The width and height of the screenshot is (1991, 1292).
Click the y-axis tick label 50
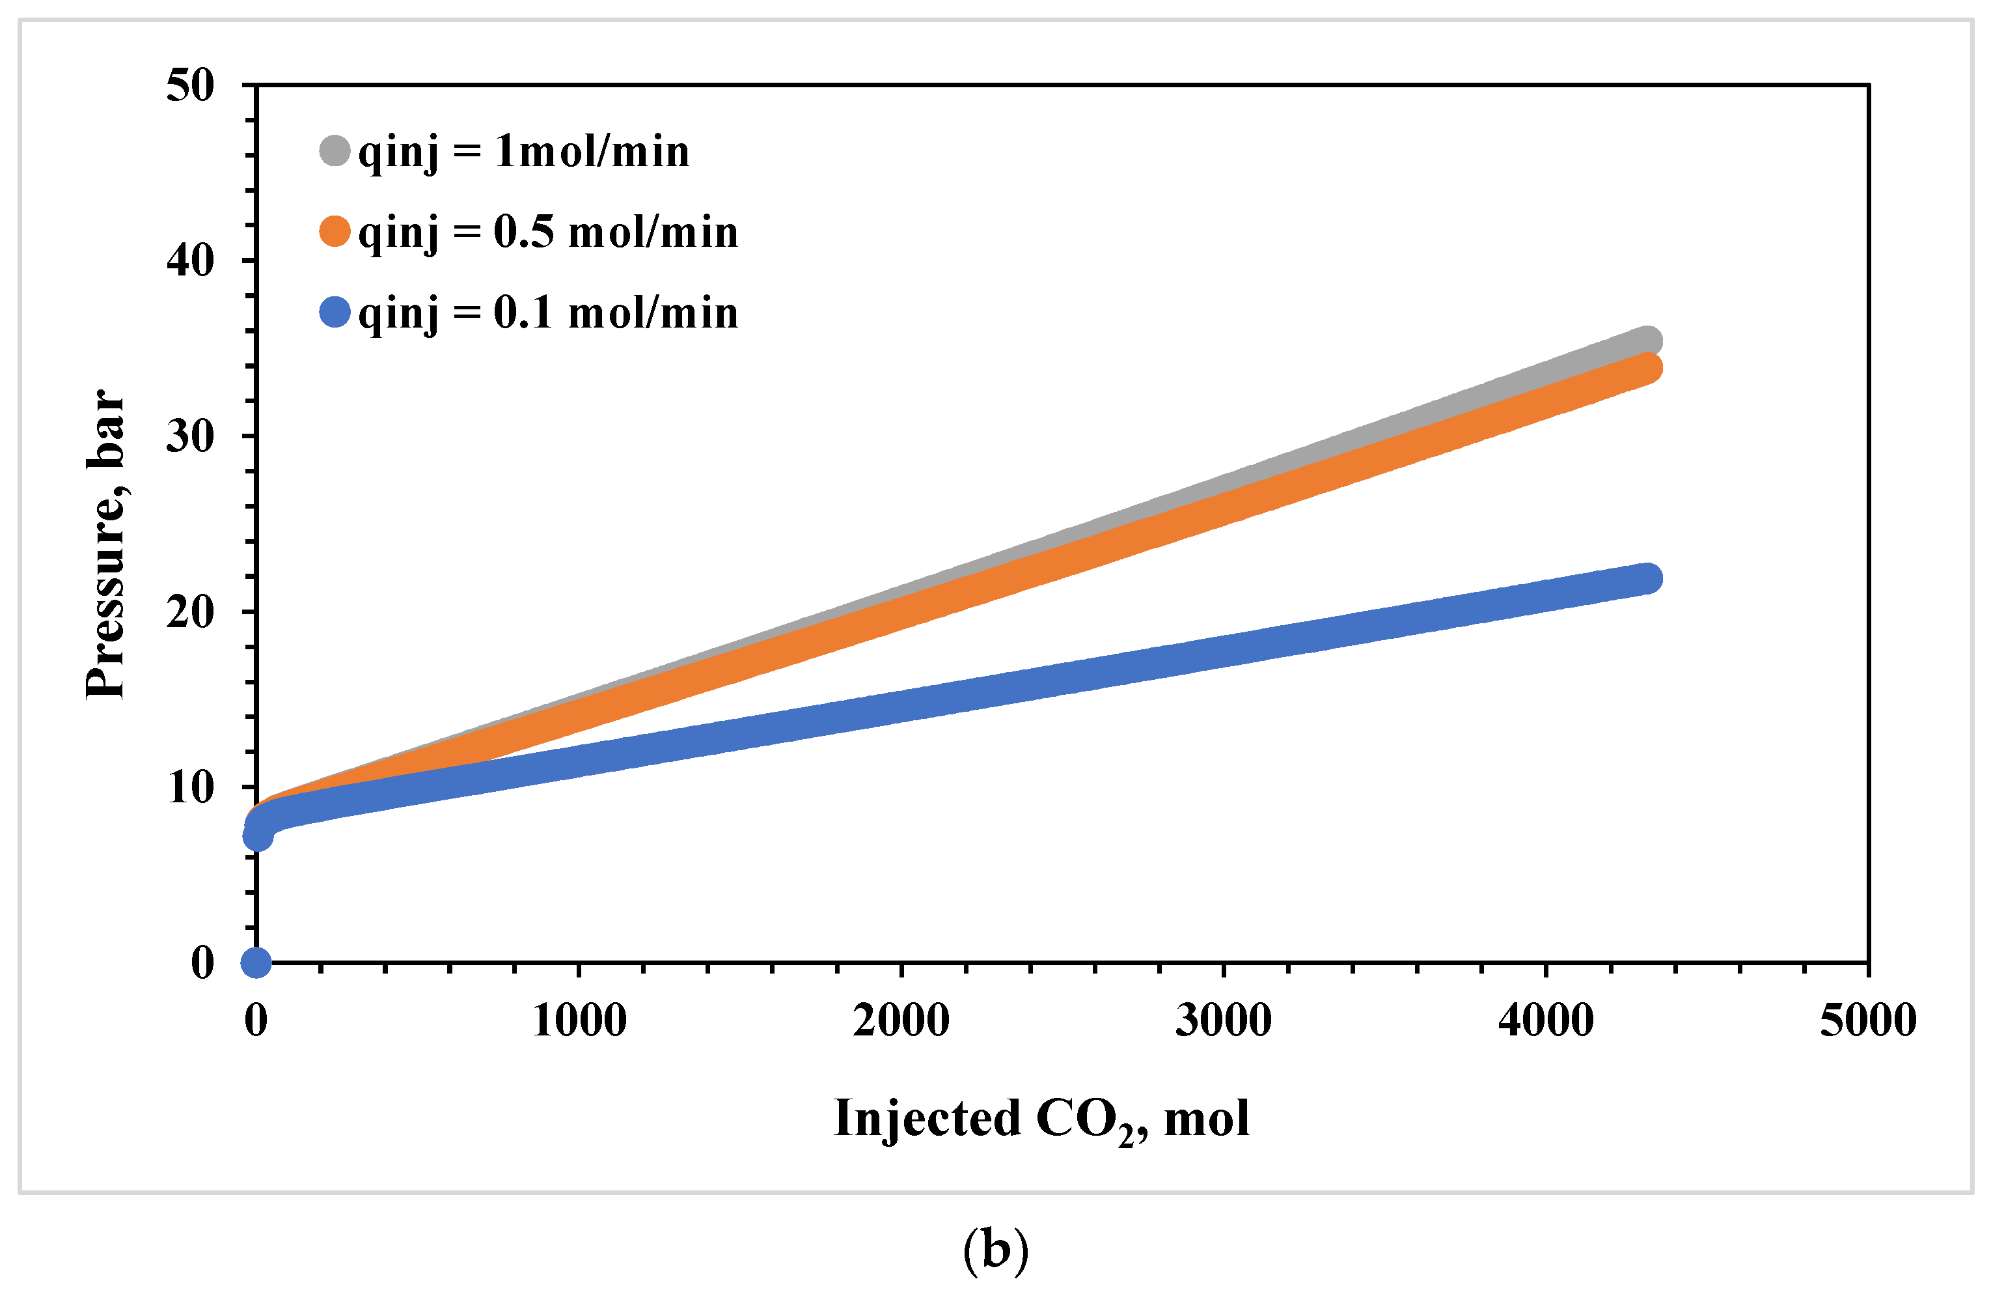pyautogui.click(x=190, y=85)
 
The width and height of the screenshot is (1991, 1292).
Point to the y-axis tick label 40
pyautogui.click(x=190, y=261)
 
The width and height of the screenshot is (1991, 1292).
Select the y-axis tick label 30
pyautogui.click(x=190, y=436)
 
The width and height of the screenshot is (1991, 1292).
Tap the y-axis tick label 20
pyautogui.click(x=190, y=611)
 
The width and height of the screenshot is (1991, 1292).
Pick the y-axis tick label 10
pyautogui.click(x=190, y=787)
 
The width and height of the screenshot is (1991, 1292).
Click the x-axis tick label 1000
pyautogui.click(x=579, y=1020)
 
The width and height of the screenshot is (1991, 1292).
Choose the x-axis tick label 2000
pyautogui.click(x=901, y=1020)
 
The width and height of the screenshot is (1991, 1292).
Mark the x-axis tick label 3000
pyautogui.click(x=1223, y=1020)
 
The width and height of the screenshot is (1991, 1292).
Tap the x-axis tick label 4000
pyautogui.click(x=1545, y=1020)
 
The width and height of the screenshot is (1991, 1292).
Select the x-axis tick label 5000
pyautogui.click(x=1867, y=1020)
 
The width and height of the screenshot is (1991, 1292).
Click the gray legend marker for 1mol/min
pyautogui.click(x=335, y=150)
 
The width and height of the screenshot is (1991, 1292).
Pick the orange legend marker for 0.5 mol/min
pyautogui.click(x=335, y=231)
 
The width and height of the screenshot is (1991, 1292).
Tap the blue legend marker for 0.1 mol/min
pyautogui.click(x=335, y=312)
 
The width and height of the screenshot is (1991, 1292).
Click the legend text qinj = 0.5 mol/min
pyautogui.click(x=548, y=232)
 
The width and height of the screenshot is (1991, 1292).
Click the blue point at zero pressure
pyautogui.click(x=256, y=962)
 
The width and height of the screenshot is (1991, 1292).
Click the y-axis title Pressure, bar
pyautogui.click(x=106, y=544)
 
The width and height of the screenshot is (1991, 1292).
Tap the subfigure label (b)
pyautogui.click(x=996, y=1250)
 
